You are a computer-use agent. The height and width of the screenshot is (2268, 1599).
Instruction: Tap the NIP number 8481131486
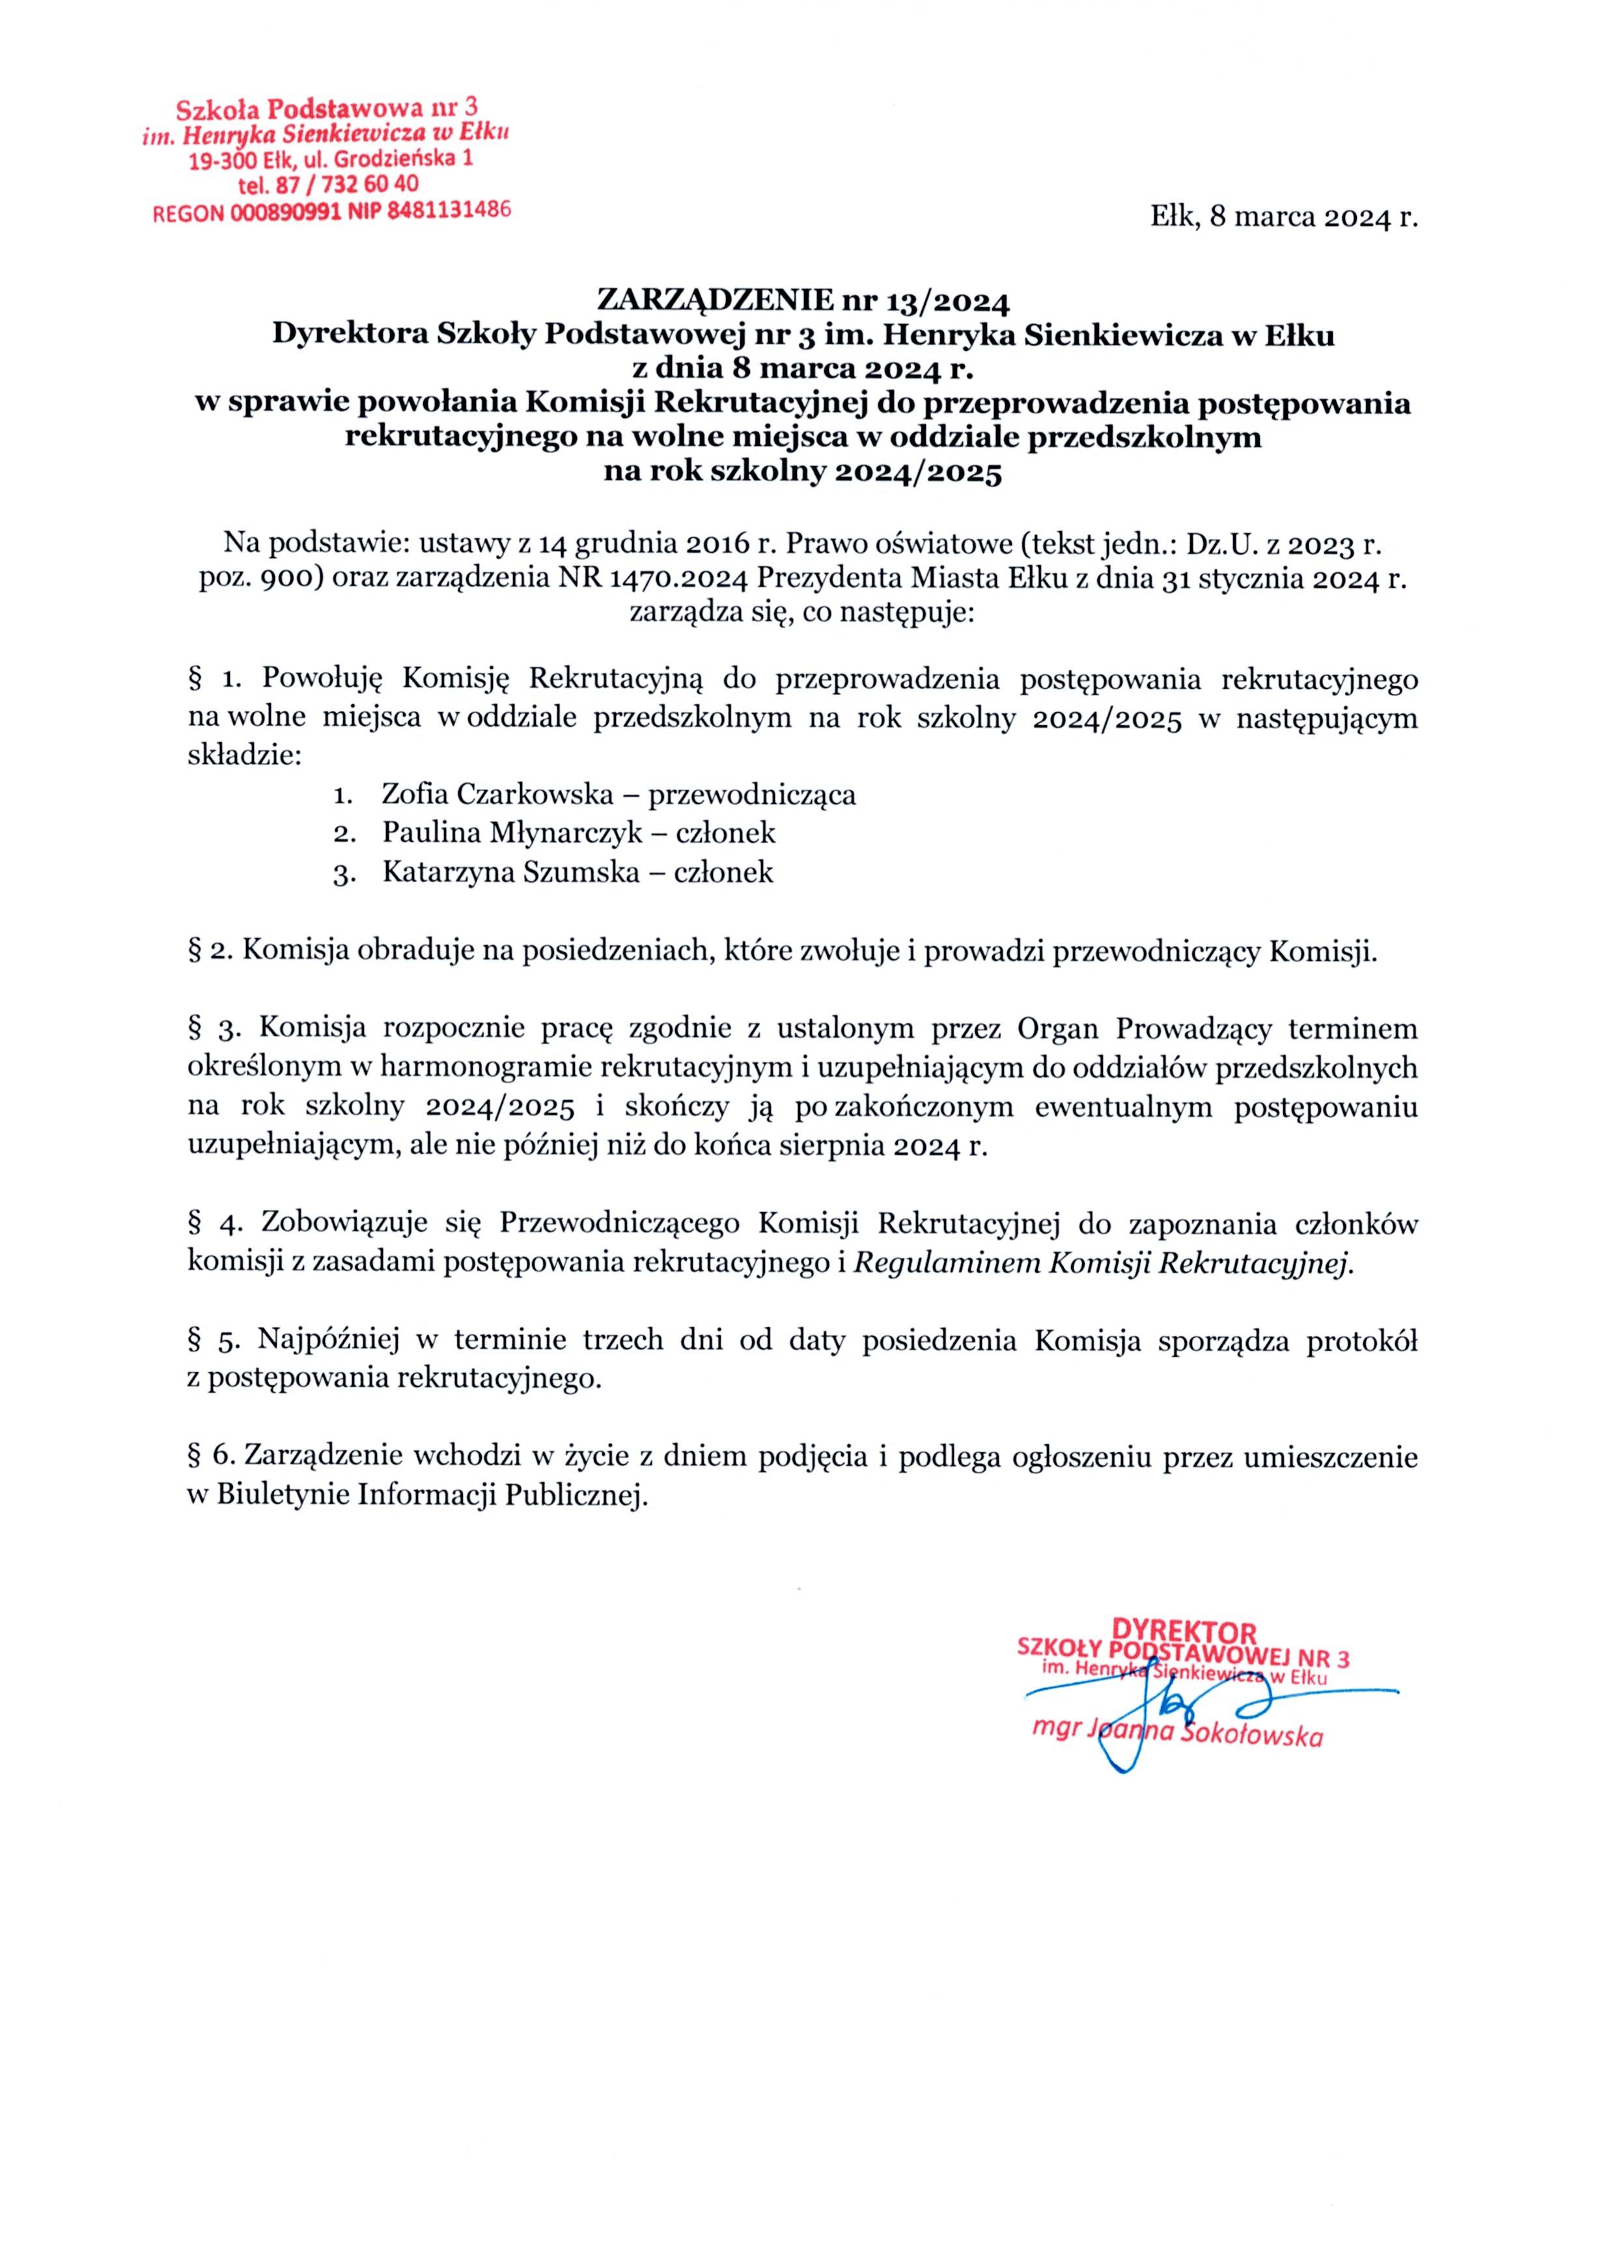click(x=449, y=210)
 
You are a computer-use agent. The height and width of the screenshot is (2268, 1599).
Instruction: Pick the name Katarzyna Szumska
click(x=510, y=872)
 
